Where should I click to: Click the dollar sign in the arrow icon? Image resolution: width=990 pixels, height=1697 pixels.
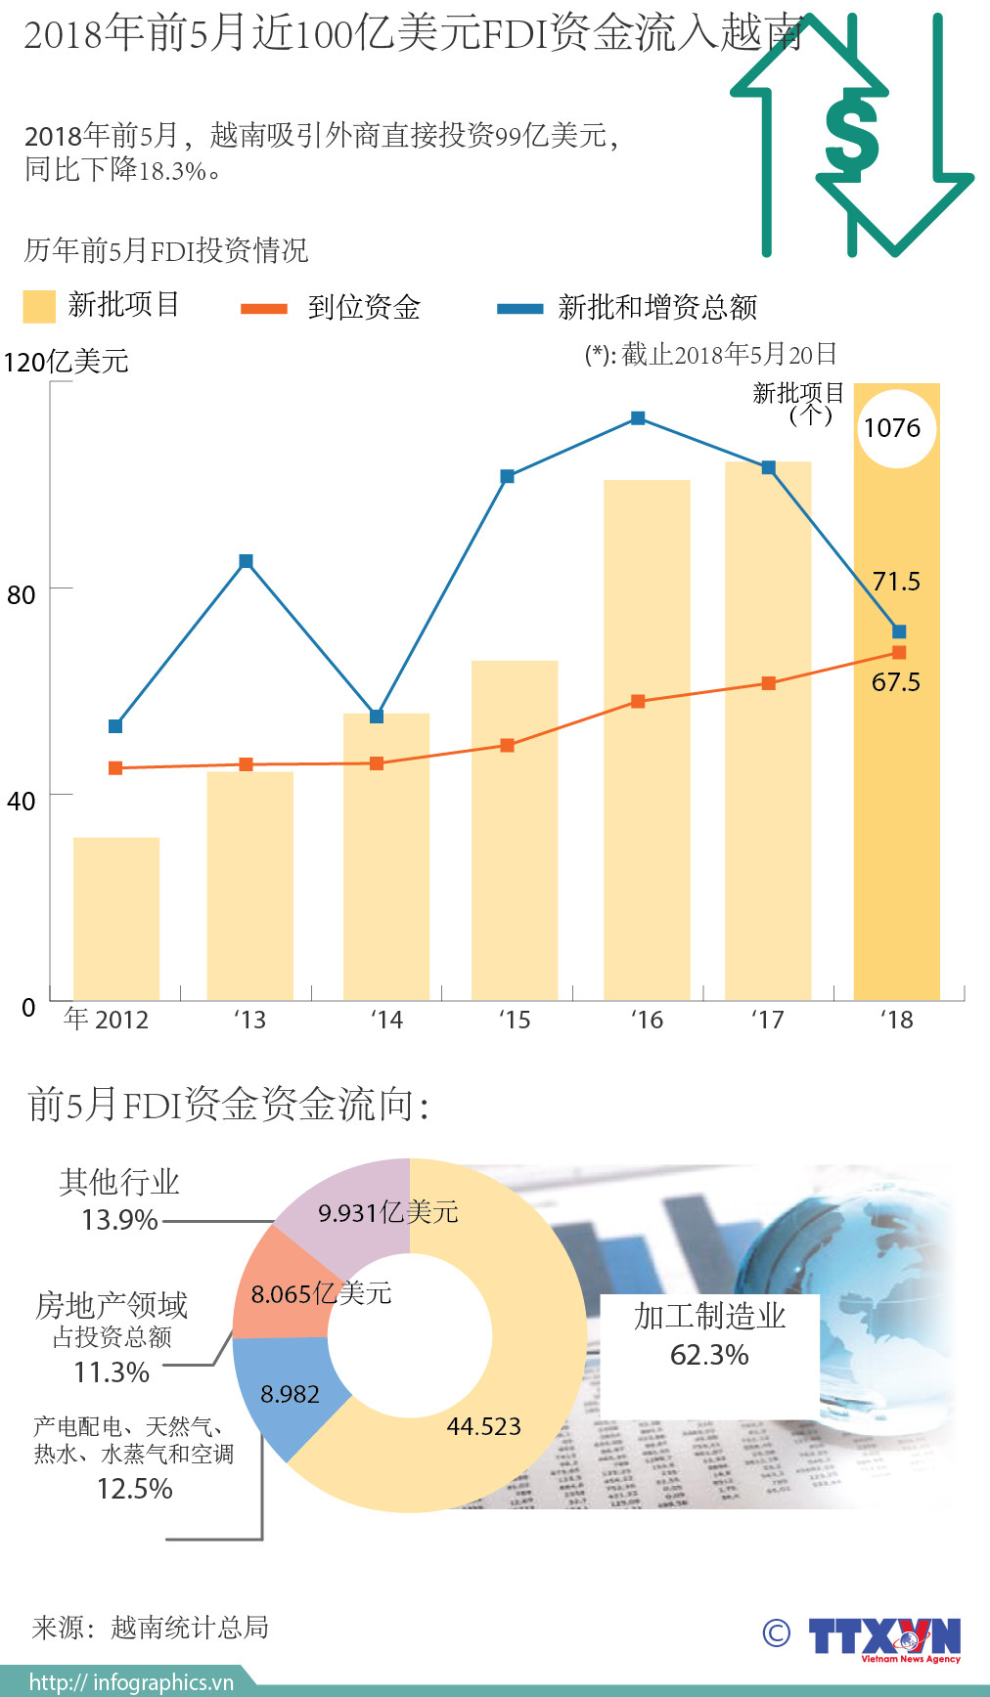pyautogui.click(x=851, y=134)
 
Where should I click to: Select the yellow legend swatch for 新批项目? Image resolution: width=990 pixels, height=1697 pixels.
pyautogui.click(x=39, y=306)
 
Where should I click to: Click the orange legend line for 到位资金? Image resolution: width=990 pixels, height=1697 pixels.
pyautogui.click(x=264, y=309)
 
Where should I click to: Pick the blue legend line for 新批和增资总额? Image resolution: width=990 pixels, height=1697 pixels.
pyautogui.click(x=519, y=309)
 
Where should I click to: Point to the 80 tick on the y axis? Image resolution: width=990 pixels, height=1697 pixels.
pyautogui.click(x=22, y=594)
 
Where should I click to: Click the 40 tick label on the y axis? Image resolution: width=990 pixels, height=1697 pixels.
pyautogui.click(x=22, y=802)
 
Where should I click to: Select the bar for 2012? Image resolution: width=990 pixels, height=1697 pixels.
pyautogui.click(x=116, y=918)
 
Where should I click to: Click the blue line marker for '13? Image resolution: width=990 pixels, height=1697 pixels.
pyautogui.click(x=246, y=561)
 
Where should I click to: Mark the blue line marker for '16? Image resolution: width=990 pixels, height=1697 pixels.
pyautogui.click(x=638, y=418)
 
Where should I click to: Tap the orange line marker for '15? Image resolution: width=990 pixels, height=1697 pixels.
pyautogui.click(x=507, y=746)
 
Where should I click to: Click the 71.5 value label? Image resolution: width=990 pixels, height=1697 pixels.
pyautogui.click(x=896, y=582)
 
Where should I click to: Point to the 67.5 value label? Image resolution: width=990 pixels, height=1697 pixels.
pyautogui.click(x=896, y=682)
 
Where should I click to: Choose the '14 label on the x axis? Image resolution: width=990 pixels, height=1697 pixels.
pyautogui.click(x=386, y=1021)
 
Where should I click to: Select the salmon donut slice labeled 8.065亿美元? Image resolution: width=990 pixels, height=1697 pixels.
pyautogui.click(x=279, y=1290)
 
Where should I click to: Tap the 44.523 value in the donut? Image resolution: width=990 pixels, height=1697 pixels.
pyautogui.click(x=483, y=1427)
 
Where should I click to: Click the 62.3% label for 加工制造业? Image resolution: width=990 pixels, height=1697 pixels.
pyautogui.click(x=709, y=1355)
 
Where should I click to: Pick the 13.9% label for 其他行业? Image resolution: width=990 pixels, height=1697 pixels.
pyautogui.click(x=119, y=1220)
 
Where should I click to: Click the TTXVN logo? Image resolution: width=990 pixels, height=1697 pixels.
pyautogui.click(x=883, y=1637)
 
